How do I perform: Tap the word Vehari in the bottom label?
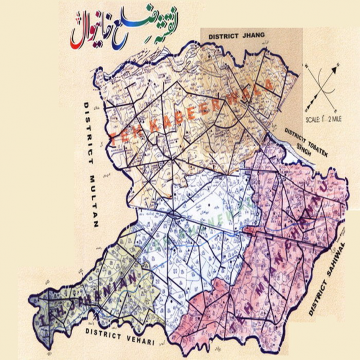pos(137,336)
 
